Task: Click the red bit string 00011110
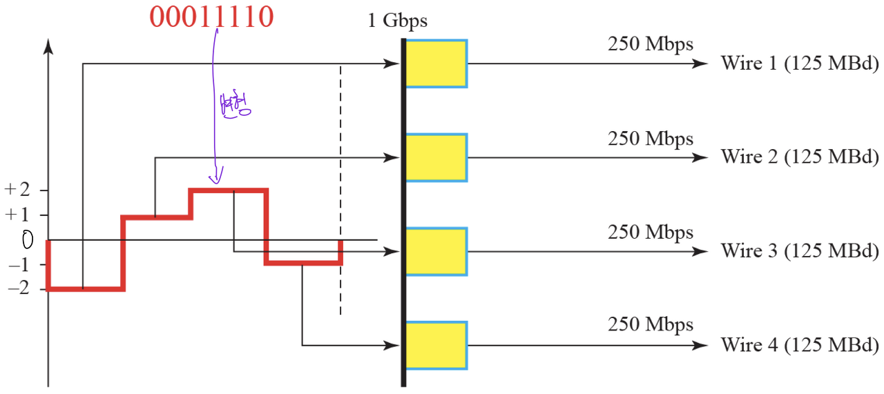[x=211, y=17]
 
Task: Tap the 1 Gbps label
[x=397, y=21]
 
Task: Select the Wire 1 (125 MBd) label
[x=800, y=63]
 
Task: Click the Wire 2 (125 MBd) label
[x=800, y=157]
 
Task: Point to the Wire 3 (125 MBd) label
[x=800, y=251]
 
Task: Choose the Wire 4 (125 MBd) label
[x=800, y=345]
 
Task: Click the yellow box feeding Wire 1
[x=436, y=63]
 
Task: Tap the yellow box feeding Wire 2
[x=436, y=157]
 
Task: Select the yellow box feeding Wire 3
[x=436, y=251]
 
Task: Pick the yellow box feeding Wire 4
[x=436, y=345]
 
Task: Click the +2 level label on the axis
[x=17, y=190]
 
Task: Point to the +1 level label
[x=17, y=215]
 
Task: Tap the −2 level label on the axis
[x=17, y=288]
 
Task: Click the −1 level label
[x=17, y=264]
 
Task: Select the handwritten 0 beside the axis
[x=28, y=240]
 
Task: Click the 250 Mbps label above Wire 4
[x=650, y=324]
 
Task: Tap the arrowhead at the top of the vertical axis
[x=48, y=46]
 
